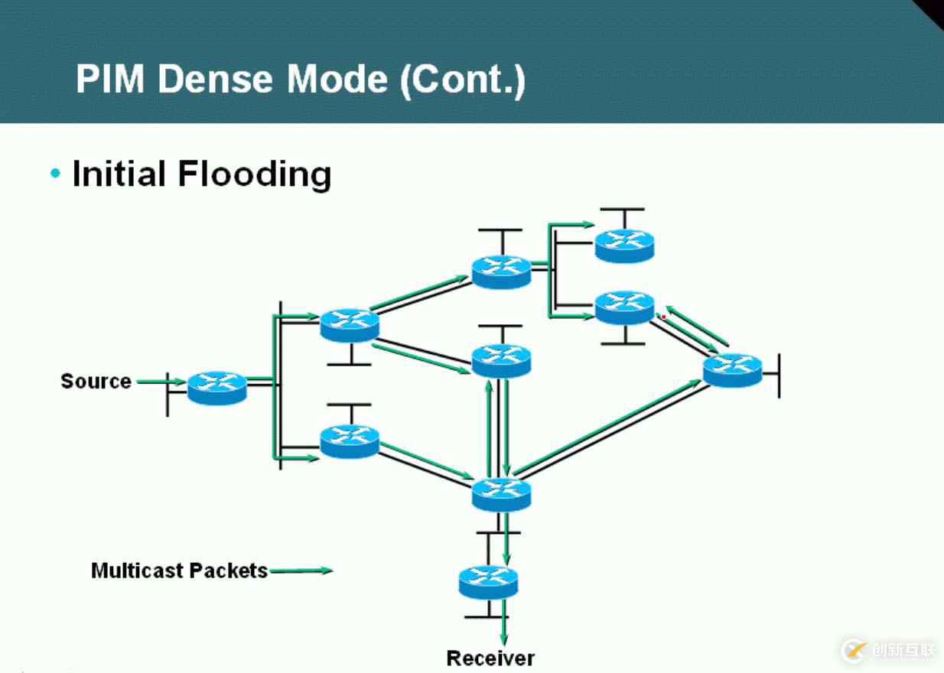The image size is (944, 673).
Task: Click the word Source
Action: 96,381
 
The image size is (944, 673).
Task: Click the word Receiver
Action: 490,658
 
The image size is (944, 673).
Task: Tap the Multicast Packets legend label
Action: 179,571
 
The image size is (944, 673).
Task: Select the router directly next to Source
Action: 217,387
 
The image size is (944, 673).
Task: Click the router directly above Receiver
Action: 488,582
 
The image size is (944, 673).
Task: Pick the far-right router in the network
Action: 732,370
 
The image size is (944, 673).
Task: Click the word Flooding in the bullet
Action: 255,174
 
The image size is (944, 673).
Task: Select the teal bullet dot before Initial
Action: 55,174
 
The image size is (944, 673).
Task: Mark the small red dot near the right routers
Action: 663,317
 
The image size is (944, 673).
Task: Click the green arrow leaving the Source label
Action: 161,381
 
